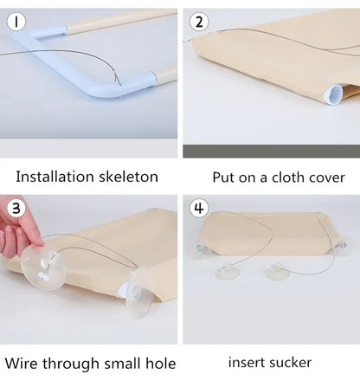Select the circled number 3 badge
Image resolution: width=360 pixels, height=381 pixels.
[x=16, y=207]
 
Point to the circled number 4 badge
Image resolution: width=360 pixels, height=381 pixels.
[x=200, y=208]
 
